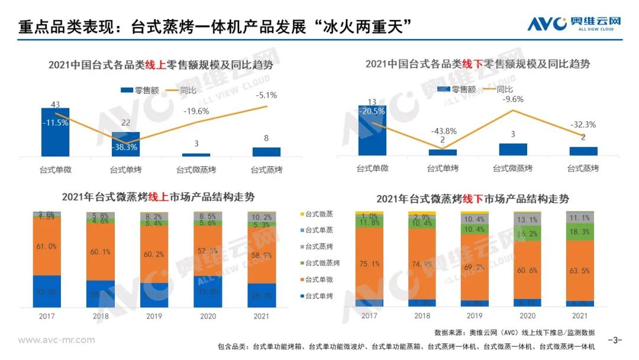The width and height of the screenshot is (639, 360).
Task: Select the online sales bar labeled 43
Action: click(x=55, y=132)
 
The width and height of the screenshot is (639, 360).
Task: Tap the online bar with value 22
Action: click(x=125, y=144)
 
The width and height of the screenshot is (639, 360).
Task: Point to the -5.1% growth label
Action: click(x=266, y=95)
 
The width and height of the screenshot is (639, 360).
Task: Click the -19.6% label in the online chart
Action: click(x=195, y=111)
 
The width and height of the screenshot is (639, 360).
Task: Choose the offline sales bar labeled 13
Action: click(x=373, y=130)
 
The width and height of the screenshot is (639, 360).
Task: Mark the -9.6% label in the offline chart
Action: click(x=513, y=99)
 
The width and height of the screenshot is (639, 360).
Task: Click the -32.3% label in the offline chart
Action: click(x=584, y=125)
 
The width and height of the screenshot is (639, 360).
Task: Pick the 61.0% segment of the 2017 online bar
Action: click(x=47, y=246)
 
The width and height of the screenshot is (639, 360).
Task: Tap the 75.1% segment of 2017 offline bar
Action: click(x=369, y=265)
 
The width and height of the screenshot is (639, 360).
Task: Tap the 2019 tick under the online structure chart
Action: click(x=154, y=316)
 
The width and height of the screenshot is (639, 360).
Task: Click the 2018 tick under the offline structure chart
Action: click(x=422, y=316)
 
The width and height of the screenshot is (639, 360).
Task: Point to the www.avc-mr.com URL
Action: click(x=57, y=340)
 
